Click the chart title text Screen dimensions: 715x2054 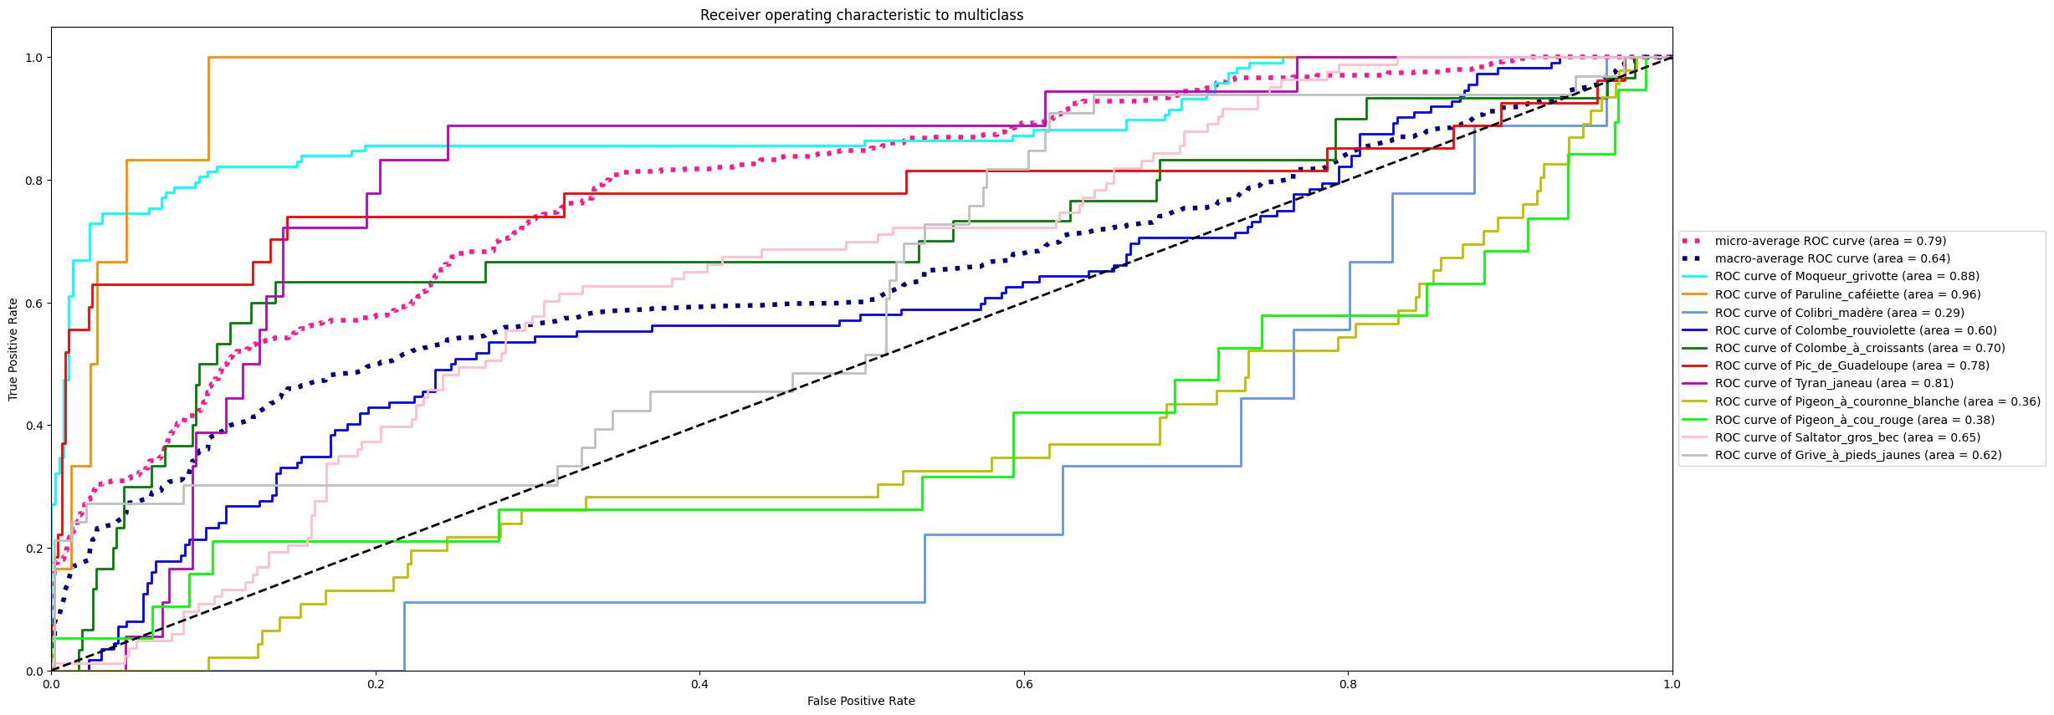(x=861, y=15)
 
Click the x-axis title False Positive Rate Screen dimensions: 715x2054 (x=861, y=701)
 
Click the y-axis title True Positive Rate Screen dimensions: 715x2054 (x=13, y=349)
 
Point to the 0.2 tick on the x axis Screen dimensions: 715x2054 (x=376, y=684)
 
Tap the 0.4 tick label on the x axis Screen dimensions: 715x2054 (x=699, y=684)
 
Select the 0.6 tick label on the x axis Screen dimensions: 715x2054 (x=1024, y=684)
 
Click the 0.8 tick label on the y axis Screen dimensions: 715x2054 (x=33, y=181)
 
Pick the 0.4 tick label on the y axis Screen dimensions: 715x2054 (x=33, y=426)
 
